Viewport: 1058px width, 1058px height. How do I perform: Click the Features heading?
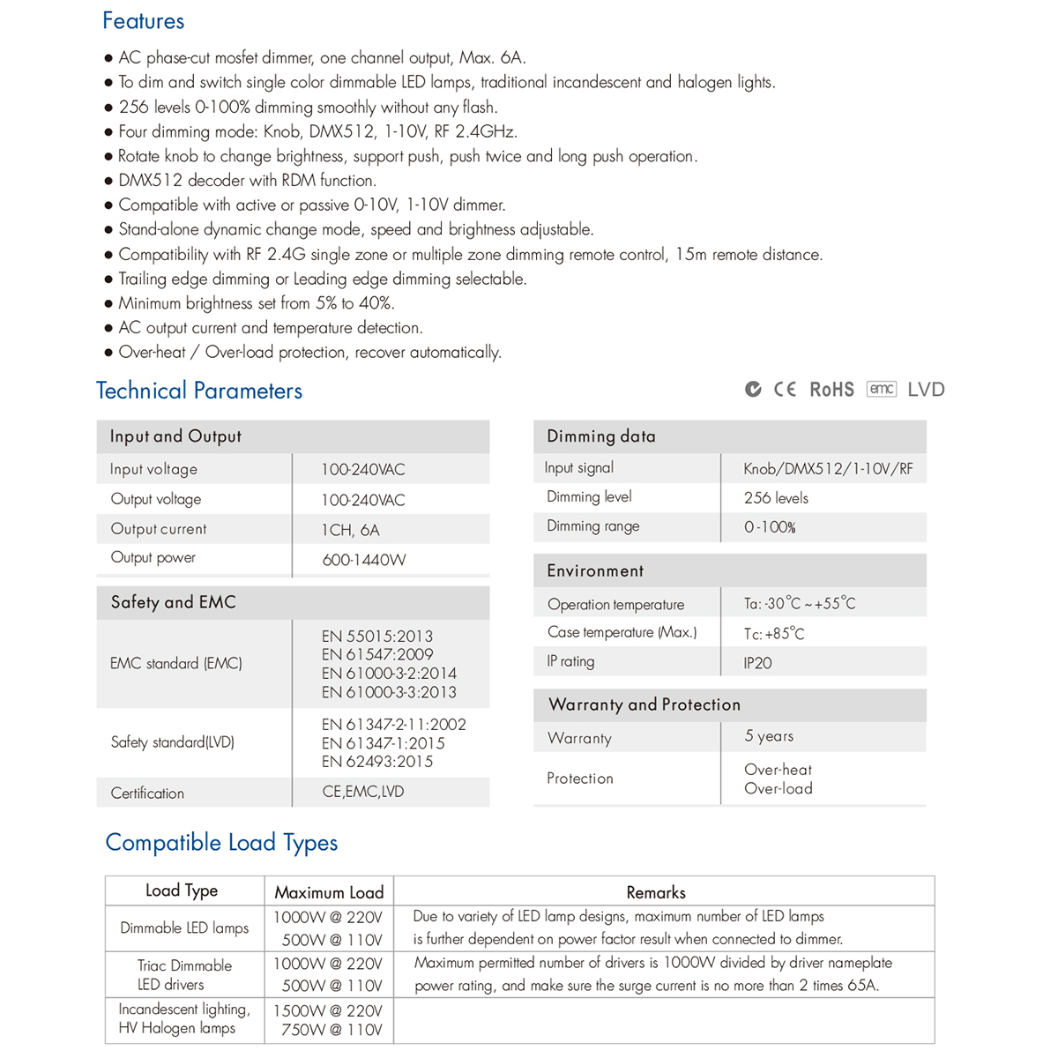(143, 21)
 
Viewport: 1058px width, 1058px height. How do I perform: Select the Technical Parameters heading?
(199, 391)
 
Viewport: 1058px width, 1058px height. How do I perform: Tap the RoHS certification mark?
(831, 390)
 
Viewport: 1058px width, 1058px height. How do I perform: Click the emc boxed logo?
(882, 389)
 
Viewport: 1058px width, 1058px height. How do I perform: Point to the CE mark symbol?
(785, 390)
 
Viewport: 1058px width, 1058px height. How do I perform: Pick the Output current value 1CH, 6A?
(350, 530)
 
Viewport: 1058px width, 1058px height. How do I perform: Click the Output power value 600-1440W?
(363, 560)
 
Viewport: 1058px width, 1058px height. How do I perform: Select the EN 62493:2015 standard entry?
(376, 762)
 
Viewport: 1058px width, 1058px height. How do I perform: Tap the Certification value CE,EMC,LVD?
(362, 792)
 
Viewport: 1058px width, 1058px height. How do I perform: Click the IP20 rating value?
(757, 663)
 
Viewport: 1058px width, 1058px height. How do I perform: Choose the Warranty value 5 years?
(768, 736)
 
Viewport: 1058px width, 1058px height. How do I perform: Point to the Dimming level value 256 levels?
(776, 498)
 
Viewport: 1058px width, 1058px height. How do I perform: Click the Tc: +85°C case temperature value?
(773, 634)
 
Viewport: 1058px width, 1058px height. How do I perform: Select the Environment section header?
(595, 571)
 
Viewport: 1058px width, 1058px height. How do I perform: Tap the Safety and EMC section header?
(173, 602)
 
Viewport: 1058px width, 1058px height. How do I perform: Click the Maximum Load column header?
(329, 892)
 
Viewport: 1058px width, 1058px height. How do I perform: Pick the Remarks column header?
(656, 892)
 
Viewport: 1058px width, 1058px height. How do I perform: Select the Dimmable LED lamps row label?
(184, 928)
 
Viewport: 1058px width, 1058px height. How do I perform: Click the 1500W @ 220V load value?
(327, 1010)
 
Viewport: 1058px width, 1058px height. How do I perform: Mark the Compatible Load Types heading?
(221, 843)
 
